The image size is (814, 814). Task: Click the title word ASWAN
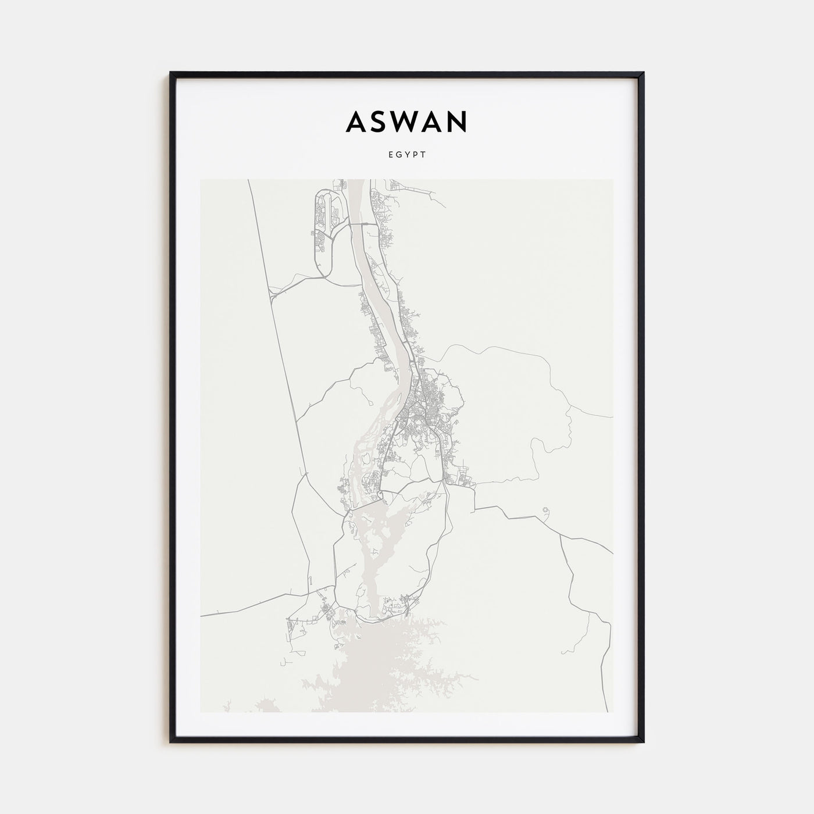tap(406, 122)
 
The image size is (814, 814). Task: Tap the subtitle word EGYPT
tap(407, 155)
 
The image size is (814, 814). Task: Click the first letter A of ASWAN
tap(355, 122)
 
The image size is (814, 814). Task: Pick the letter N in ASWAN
tap(458, 122)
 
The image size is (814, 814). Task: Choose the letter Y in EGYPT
tap(408, 155)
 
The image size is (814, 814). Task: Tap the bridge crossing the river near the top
tap(356, 223)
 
